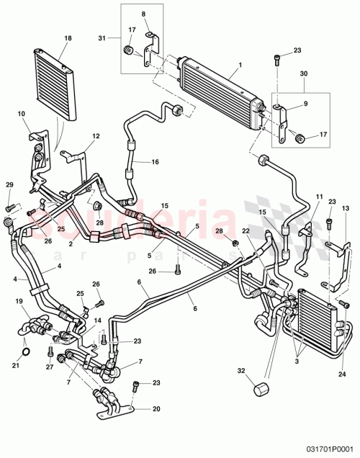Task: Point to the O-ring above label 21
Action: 25,352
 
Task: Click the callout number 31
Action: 102,38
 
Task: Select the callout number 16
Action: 154,163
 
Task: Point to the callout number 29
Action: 9,186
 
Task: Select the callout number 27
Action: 50,367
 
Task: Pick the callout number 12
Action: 96,136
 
